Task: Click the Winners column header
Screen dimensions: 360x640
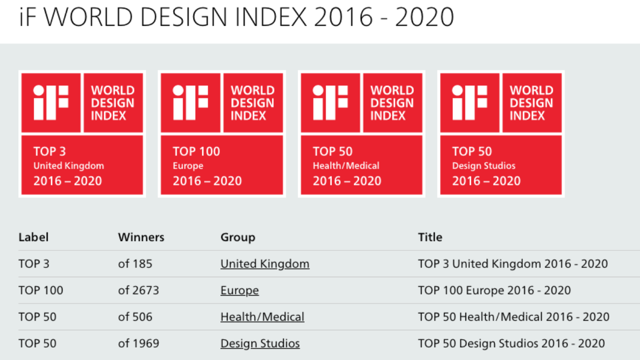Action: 141,238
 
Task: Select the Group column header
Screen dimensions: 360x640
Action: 238,238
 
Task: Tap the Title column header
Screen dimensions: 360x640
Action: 430,238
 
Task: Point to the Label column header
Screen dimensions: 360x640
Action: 33,238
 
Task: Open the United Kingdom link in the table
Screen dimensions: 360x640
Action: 265,264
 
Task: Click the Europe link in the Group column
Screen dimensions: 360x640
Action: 240,290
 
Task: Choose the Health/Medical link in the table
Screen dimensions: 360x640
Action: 262,317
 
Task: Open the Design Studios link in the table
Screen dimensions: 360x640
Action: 260,343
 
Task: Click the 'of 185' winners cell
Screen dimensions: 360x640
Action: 135,264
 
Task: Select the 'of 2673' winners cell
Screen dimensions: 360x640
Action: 138,290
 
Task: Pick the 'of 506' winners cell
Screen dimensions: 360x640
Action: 135,317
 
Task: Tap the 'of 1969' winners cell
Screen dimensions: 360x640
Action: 138,343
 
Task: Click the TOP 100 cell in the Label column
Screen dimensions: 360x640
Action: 41,290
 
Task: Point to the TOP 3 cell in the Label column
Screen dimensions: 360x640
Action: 34,264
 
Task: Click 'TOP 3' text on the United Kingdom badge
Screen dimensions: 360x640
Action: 50,151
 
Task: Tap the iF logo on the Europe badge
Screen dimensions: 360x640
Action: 191,103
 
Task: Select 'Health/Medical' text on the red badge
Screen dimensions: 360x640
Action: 346,166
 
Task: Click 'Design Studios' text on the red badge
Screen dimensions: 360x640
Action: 484,166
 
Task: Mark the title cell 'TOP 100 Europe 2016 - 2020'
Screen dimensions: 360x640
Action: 494,290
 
